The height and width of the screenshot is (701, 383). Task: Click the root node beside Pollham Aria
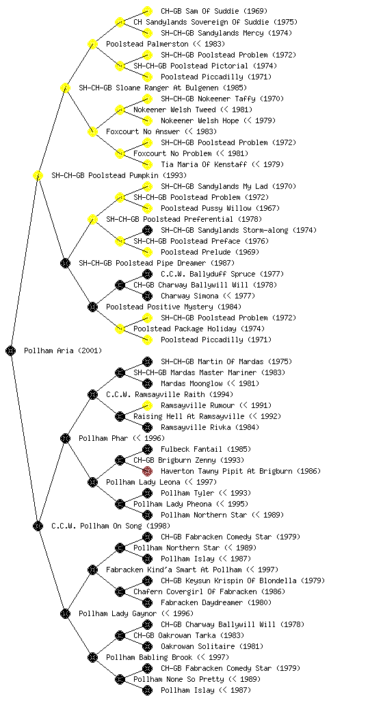coord(11,350)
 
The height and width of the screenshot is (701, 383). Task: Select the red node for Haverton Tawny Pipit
coord(147,471)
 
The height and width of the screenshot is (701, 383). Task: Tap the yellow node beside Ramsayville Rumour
coord(147,405)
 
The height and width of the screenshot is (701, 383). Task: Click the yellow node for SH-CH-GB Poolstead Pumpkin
coord(38,175)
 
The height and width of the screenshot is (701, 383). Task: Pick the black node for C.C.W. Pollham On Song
coord(38,526)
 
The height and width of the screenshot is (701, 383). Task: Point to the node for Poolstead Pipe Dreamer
coord(65,263)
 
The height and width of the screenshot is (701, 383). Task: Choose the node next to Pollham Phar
coord(65,438)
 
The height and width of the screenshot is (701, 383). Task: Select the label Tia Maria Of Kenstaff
coord(204,164)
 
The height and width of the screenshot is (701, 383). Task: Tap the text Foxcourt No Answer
coord(143,131)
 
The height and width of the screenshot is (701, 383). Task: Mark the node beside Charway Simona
coord(147,296)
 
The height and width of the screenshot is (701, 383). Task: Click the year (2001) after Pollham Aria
coord(90,350)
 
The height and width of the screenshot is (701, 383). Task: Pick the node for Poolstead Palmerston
coord(92,44)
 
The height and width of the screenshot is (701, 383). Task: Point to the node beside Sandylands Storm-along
coord(147,230)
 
